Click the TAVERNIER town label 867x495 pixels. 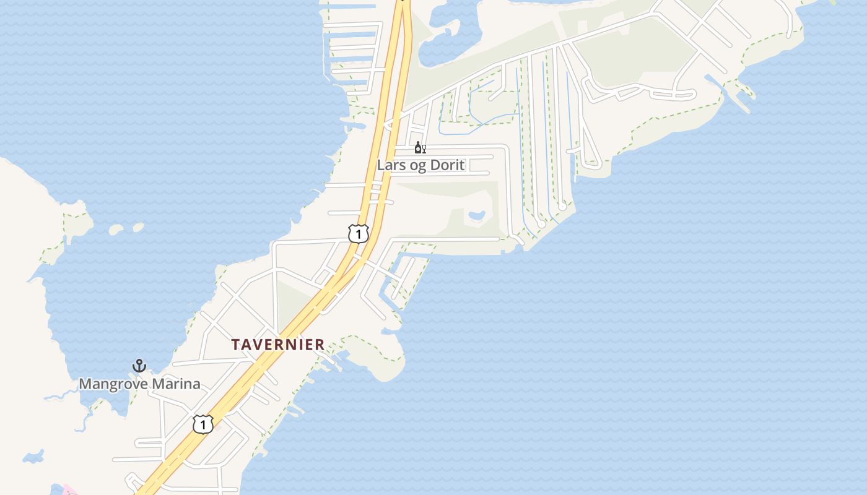click(278, 345)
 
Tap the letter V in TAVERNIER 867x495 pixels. click(258, 345)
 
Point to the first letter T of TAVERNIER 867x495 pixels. click(236, 345)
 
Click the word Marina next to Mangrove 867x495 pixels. click(176, 384)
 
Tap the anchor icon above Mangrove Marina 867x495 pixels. click(139, 366)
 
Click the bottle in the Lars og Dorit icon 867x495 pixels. click(418, 147)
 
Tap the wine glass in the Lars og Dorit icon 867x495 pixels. click(424, 148)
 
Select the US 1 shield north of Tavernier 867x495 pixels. click(358, 234)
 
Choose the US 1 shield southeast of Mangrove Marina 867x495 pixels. click(203, 424)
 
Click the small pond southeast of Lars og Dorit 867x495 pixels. click(477, 216)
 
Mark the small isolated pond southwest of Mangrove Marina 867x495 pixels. click(33, 457)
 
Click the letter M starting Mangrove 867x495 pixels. click(85, 384)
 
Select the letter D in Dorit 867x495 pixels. click(437, 166)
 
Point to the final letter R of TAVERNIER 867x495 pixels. click(320, 345)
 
